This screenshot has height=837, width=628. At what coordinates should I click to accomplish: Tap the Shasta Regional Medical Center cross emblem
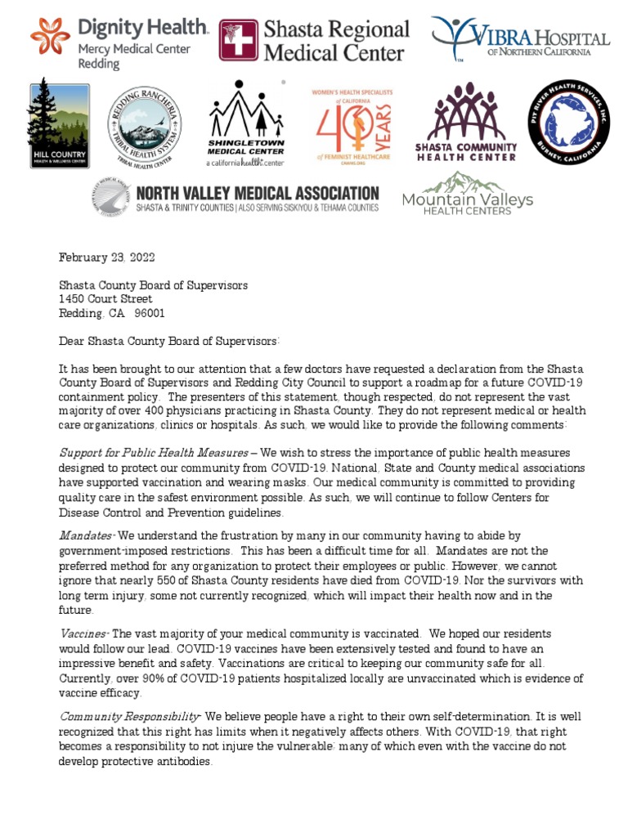[238, 40]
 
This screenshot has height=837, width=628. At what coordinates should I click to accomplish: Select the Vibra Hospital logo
[520, 40]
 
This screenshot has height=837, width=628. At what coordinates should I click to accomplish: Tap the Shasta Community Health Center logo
[465, 123]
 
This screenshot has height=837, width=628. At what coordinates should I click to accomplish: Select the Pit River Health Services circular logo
[568, 123]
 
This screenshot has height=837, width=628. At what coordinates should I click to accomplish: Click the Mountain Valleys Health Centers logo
[467, 194]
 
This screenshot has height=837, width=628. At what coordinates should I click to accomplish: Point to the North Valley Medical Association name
[256, 193]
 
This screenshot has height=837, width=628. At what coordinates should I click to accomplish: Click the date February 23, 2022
[106, 257]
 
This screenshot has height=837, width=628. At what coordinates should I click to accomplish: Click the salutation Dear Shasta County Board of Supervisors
[169, 341]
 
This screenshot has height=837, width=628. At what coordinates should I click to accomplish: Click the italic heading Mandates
[86, 535]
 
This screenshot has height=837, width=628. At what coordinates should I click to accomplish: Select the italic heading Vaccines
[83, 633]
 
